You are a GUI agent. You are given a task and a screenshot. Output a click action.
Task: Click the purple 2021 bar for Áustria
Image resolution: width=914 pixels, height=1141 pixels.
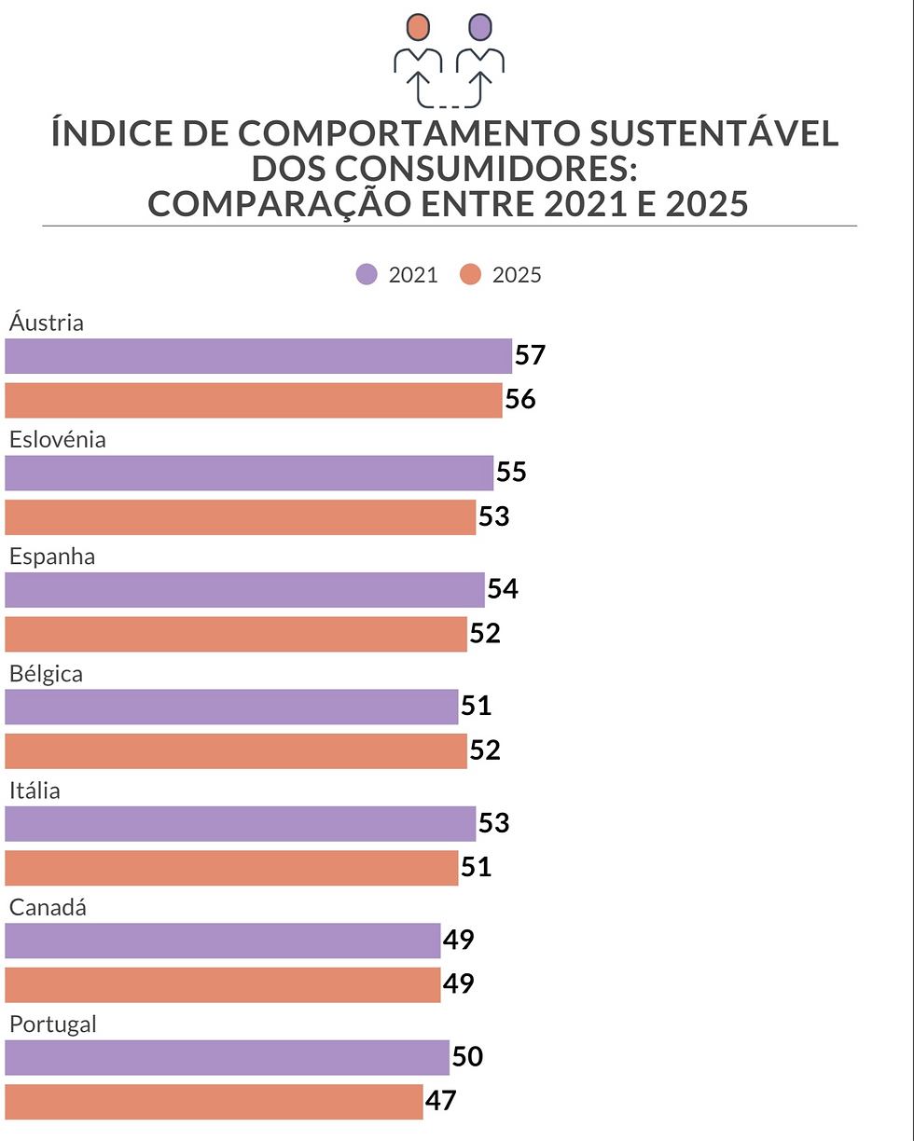tap(258, 356)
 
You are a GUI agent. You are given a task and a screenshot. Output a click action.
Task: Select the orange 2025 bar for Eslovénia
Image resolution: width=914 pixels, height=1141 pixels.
tap(241, 517)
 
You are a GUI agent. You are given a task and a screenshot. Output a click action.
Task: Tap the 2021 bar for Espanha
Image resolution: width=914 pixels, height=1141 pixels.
tap(244, 590)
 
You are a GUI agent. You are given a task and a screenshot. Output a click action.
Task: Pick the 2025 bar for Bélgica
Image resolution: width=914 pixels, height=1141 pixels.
tap(236, 751)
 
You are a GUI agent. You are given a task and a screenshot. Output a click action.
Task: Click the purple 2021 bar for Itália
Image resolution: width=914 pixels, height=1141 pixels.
tap(241, 824)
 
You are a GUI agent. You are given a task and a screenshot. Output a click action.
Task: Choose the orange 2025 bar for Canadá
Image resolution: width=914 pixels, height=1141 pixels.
tap(223, 985)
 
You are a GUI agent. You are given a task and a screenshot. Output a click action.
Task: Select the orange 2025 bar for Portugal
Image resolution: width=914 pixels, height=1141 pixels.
tap(214, 1102)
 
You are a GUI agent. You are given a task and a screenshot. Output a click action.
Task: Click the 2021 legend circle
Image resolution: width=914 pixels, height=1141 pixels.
tap(367, 275)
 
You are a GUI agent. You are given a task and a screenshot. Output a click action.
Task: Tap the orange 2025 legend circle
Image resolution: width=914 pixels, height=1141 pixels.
tap(471, 275)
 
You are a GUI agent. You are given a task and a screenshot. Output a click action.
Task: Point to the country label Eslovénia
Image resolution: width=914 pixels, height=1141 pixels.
tap(58, 440)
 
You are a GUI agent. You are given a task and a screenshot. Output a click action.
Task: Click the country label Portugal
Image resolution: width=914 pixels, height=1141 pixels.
tap(53, 1024)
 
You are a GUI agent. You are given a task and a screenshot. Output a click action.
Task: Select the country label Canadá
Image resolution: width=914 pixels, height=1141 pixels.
tap(48, 907)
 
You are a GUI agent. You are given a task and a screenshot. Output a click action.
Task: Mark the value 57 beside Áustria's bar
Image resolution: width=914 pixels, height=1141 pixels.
tap(530, 355)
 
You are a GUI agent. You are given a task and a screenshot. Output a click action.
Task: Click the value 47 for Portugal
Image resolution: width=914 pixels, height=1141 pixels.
tap(441, 1101)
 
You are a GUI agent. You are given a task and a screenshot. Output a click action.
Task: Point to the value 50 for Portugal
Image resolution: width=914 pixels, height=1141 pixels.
tap(467, 1057)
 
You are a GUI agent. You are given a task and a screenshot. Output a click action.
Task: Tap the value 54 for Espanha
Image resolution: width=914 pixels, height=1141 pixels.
tap(503, 589)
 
